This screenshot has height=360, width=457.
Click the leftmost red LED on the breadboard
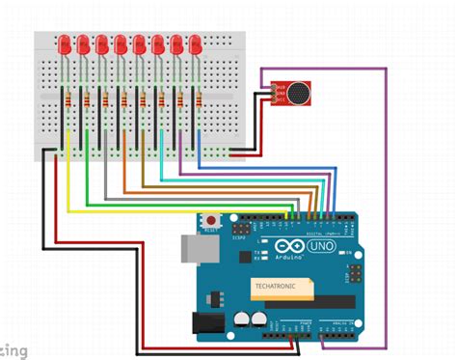pyautogui.click(x=64, y=45)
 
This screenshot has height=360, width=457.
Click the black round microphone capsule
pyautogui.click(x=300, y=94)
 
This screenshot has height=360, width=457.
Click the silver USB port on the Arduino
pyautogui.click(x=195, y=250)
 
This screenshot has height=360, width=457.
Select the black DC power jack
pyautogui.click(x=207, y=322)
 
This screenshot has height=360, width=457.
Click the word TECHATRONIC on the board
pyautogui.click(x=275, y=287)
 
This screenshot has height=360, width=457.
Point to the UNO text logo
pyautogui.click(x=319, y=250)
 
